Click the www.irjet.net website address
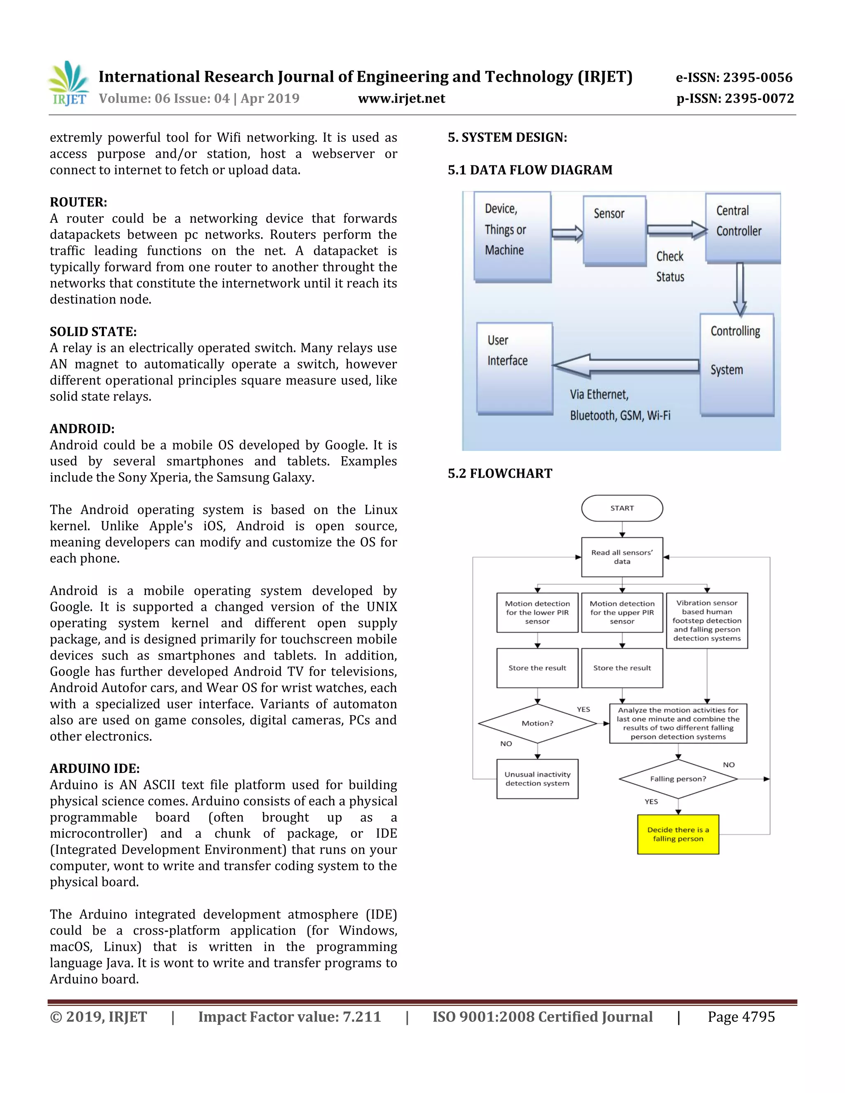401,99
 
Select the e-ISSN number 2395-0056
734,78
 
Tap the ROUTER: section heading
78,202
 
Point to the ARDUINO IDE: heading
94,768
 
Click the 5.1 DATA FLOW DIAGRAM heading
530,170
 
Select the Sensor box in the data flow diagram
615,230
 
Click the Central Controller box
742,227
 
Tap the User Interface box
515,368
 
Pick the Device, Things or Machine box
512,236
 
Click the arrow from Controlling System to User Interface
626,365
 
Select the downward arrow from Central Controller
739,289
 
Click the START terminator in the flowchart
622,508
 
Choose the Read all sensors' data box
622,557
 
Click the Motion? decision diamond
537,723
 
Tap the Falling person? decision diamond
678,779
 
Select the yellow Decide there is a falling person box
678,834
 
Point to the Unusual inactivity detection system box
537,779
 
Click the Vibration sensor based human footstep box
706,621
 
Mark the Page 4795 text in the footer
741,1017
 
